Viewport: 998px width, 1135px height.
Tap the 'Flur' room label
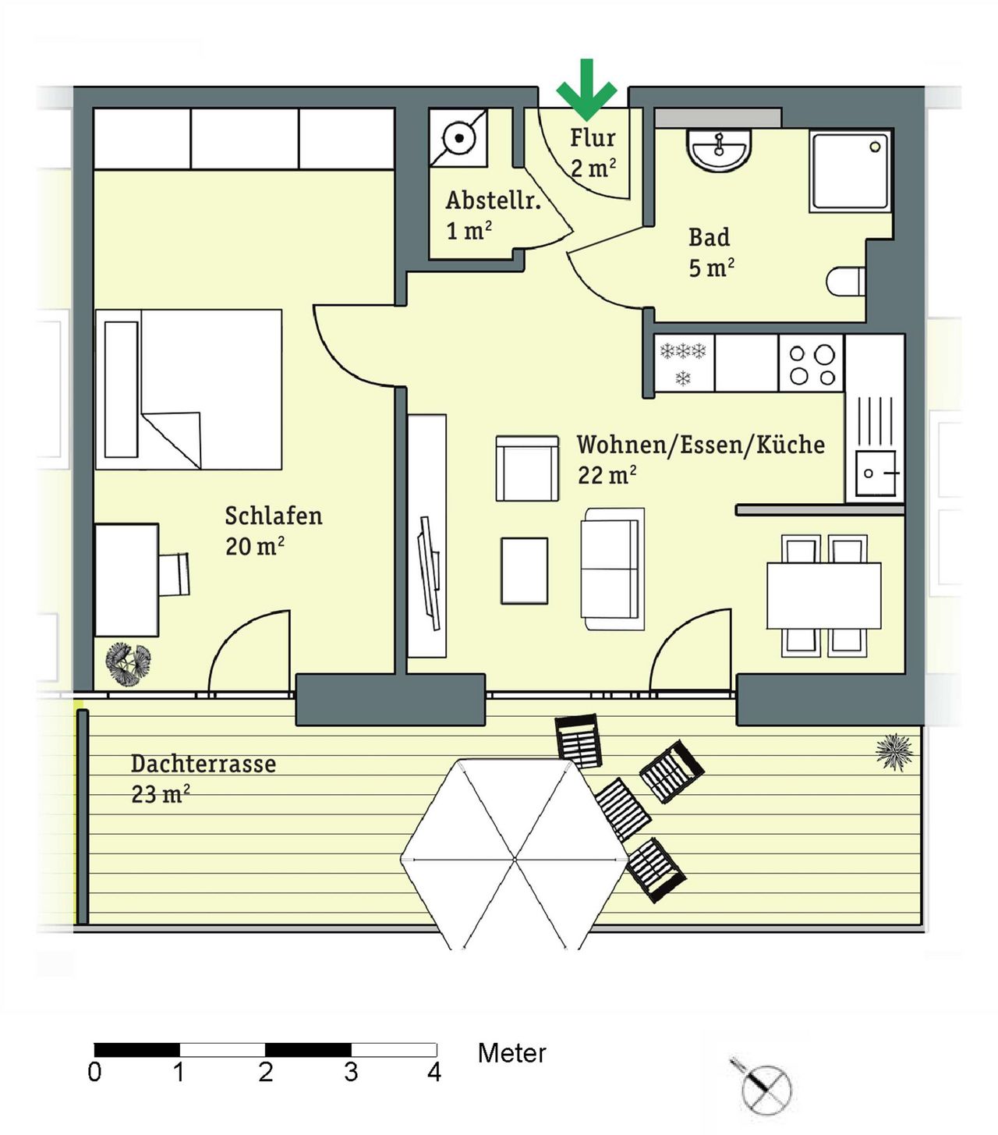593,138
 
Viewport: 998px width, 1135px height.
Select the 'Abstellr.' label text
493,200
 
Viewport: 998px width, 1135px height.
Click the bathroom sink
719,150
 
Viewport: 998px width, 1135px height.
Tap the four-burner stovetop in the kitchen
812,364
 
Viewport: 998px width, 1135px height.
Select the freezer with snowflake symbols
684,364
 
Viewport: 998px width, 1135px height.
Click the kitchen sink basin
876,473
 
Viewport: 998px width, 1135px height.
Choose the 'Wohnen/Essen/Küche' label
700,445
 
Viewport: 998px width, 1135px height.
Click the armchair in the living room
527,468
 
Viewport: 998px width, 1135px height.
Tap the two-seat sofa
612,569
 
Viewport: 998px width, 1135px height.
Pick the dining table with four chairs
824,595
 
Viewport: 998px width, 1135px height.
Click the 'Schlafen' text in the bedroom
273,516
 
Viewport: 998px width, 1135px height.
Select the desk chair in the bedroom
175,574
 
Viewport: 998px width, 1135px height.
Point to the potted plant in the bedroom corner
129,664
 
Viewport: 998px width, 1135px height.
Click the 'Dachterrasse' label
203,764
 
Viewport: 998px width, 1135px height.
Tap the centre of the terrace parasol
515,859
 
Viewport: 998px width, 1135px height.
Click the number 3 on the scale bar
351,1073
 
